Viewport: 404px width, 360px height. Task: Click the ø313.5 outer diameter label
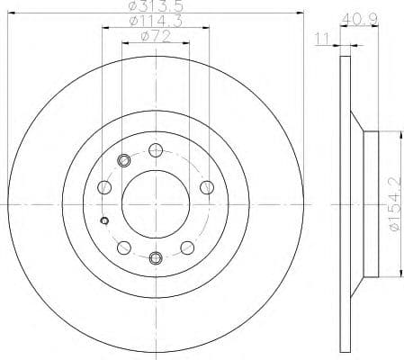tap(157, 7)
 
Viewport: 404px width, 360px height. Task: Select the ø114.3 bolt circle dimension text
tap(157, 22)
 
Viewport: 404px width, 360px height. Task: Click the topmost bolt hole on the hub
tap(156, 151)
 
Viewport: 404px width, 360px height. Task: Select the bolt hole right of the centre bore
tap(207, 186)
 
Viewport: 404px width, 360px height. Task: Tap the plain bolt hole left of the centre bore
tap(104, 188)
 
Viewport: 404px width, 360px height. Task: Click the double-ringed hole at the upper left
tap(124, 161)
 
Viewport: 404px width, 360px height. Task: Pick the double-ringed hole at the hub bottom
tap(156, 259)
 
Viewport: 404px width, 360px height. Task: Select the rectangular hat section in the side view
tap(368, 205)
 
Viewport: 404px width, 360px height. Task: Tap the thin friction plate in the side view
tap(346, 205)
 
